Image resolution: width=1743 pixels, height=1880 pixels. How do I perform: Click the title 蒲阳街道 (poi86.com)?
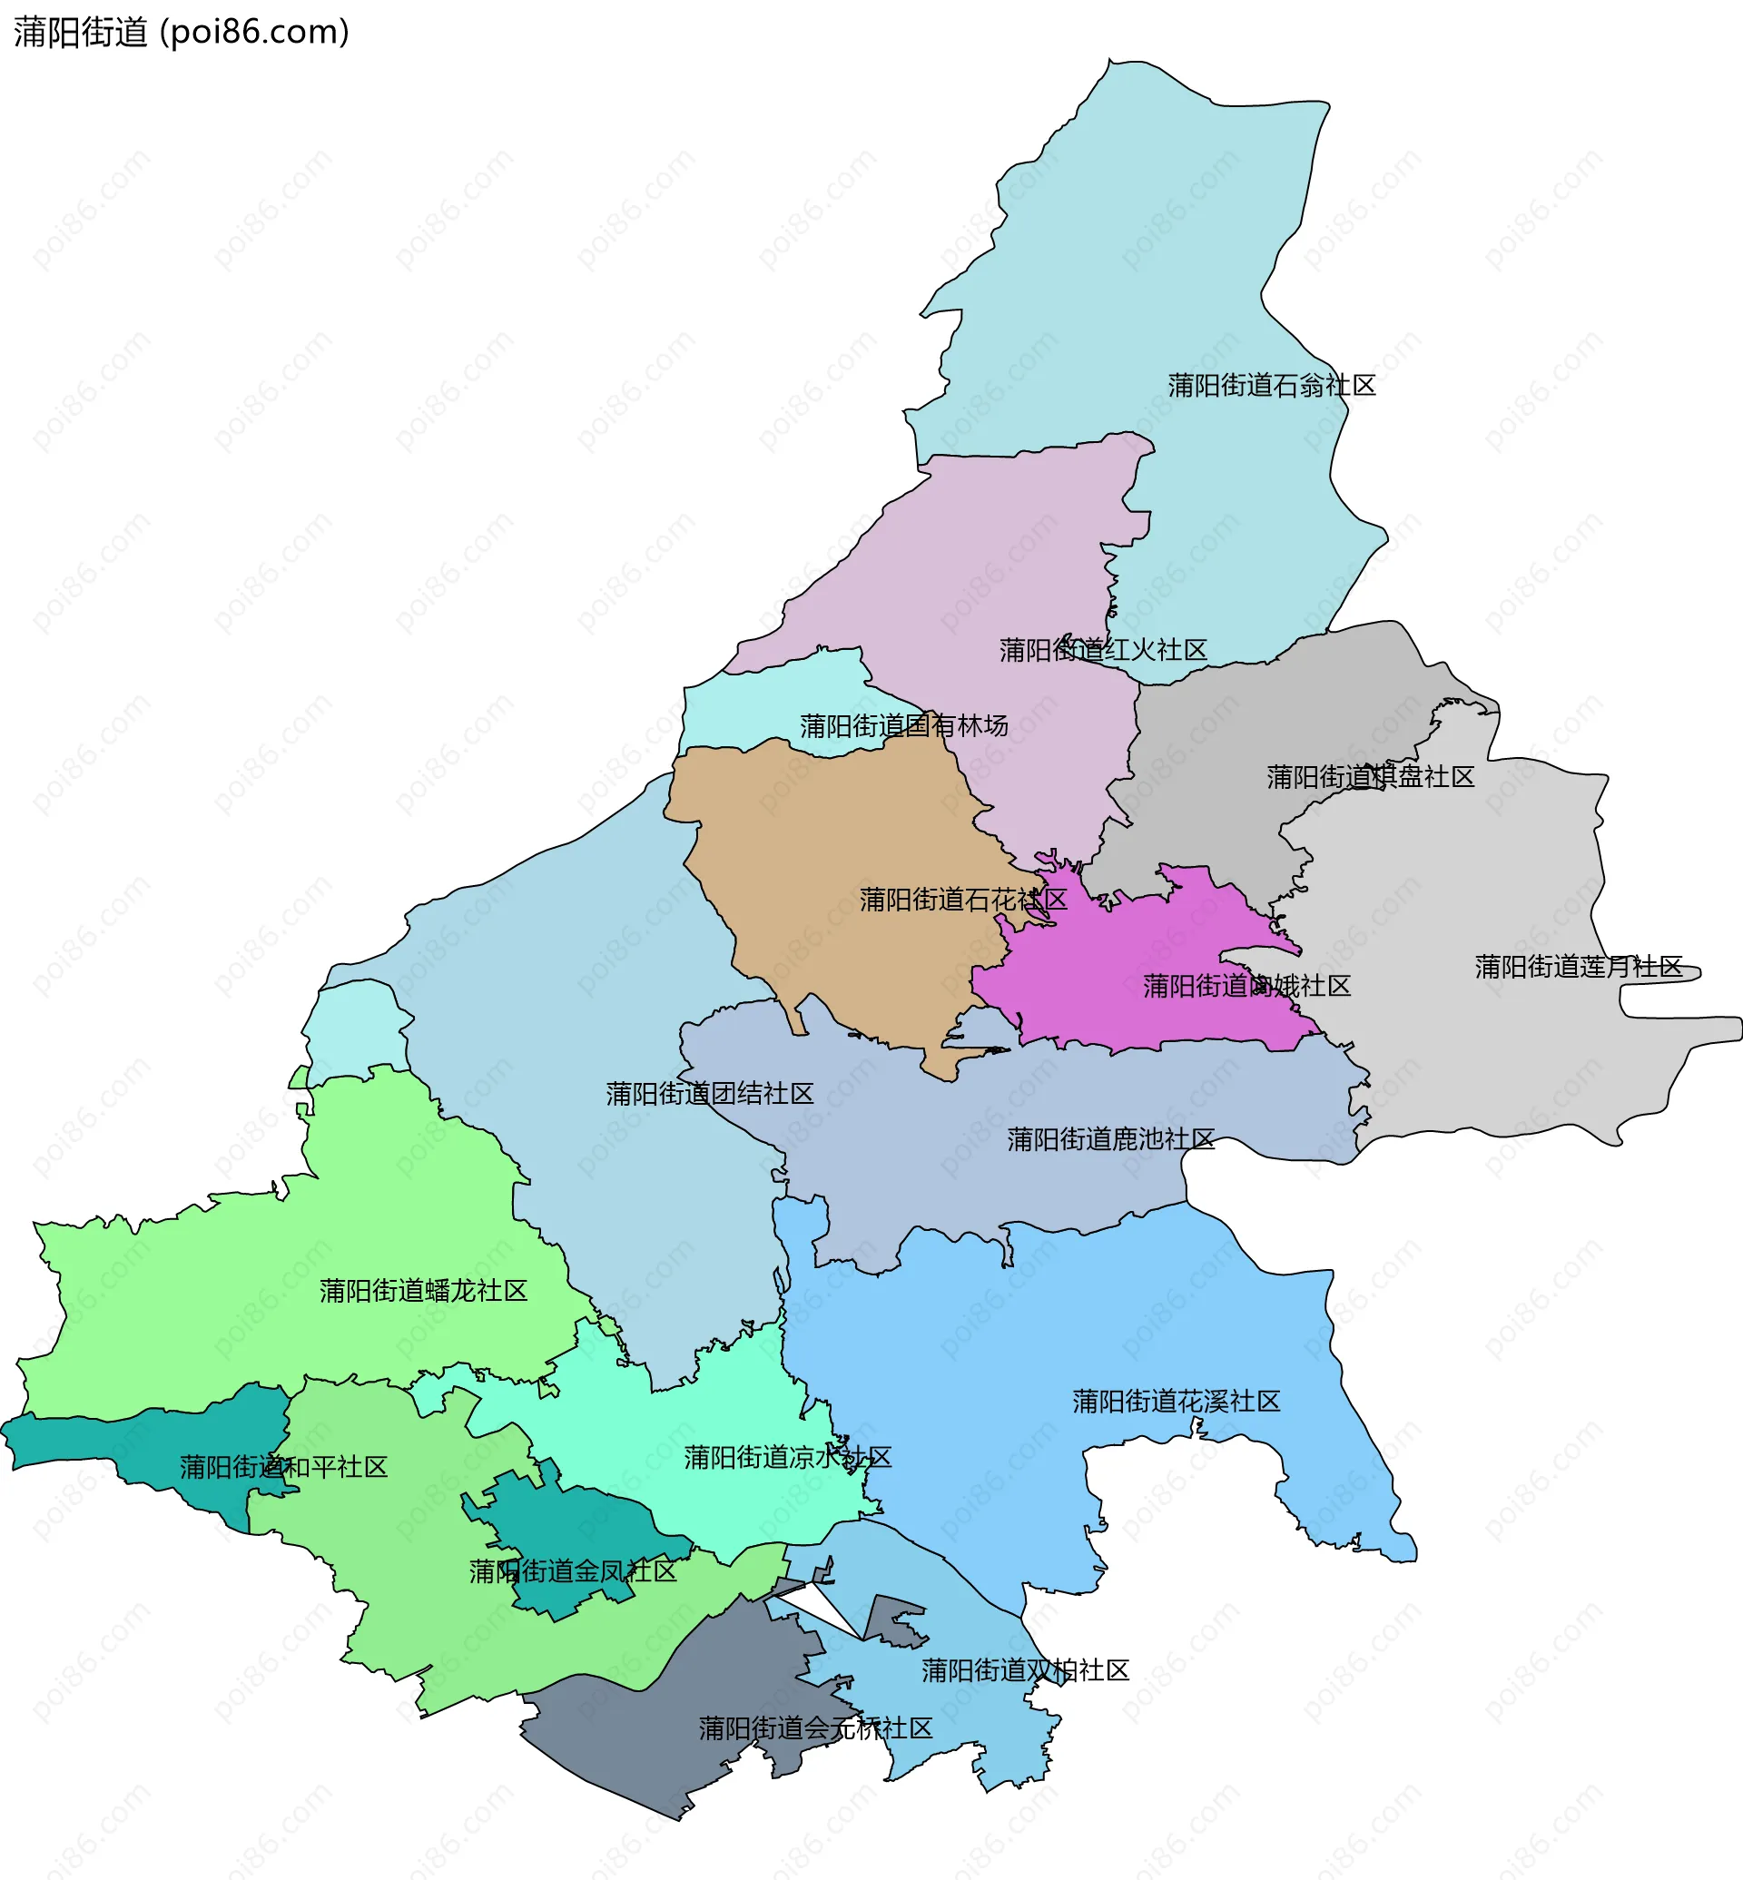181,32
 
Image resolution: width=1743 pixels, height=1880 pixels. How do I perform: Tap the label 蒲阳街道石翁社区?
1272,386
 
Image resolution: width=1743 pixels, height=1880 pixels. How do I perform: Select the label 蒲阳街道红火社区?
1103,650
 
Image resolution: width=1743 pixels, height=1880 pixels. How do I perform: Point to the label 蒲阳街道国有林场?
903,726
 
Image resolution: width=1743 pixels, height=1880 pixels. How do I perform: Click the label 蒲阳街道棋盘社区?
1370,777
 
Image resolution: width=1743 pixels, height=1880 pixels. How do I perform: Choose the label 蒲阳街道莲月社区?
1578,967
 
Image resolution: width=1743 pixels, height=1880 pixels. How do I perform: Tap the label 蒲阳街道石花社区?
962,900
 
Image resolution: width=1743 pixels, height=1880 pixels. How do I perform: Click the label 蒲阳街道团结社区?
709,1094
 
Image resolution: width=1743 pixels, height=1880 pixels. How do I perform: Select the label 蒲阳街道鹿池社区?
1110,1140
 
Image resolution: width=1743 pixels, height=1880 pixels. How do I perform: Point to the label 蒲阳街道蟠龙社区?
422,1292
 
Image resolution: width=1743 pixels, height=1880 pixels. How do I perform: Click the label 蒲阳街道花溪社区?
1176,1402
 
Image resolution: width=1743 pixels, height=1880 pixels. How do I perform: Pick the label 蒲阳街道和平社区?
283,1468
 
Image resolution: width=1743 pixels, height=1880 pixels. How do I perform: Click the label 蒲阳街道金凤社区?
573,1571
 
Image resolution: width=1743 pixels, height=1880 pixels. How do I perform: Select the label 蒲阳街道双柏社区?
1024,1670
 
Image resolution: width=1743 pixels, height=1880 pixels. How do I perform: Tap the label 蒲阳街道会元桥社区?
815,1728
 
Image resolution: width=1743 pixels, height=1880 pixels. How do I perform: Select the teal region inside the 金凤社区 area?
585,1528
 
